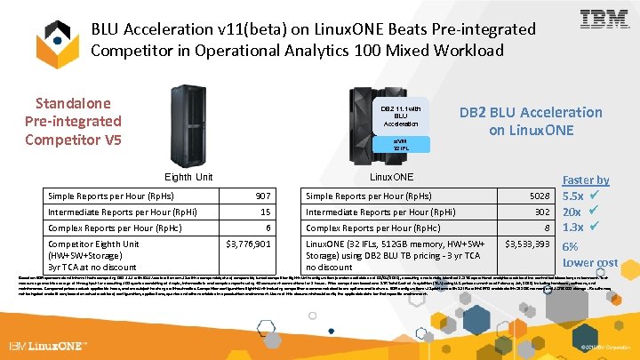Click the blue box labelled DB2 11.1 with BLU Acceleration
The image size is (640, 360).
tap(400, 116)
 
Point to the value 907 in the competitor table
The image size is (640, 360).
tap(262, 196)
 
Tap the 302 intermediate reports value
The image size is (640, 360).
tap(543, 212)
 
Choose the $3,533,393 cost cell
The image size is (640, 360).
tap(529, 244)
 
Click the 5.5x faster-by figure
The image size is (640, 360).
tap(573, 196)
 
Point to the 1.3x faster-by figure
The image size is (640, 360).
tap(573, 228)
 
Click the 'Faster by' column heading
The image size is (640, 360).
tap(586, 180)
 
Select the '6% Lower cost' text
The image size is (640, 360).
tap(589, 254)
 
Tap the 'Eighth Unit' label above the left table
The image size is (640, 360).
tap(188, 177)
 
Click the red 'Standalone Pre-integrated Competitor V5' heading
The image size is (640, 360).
tap(74, 121)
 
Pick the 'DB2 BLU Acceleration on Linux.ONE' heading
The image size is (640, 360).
tap(531, 121)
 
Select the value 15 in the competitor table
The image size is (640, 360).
tap(265, 212)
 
